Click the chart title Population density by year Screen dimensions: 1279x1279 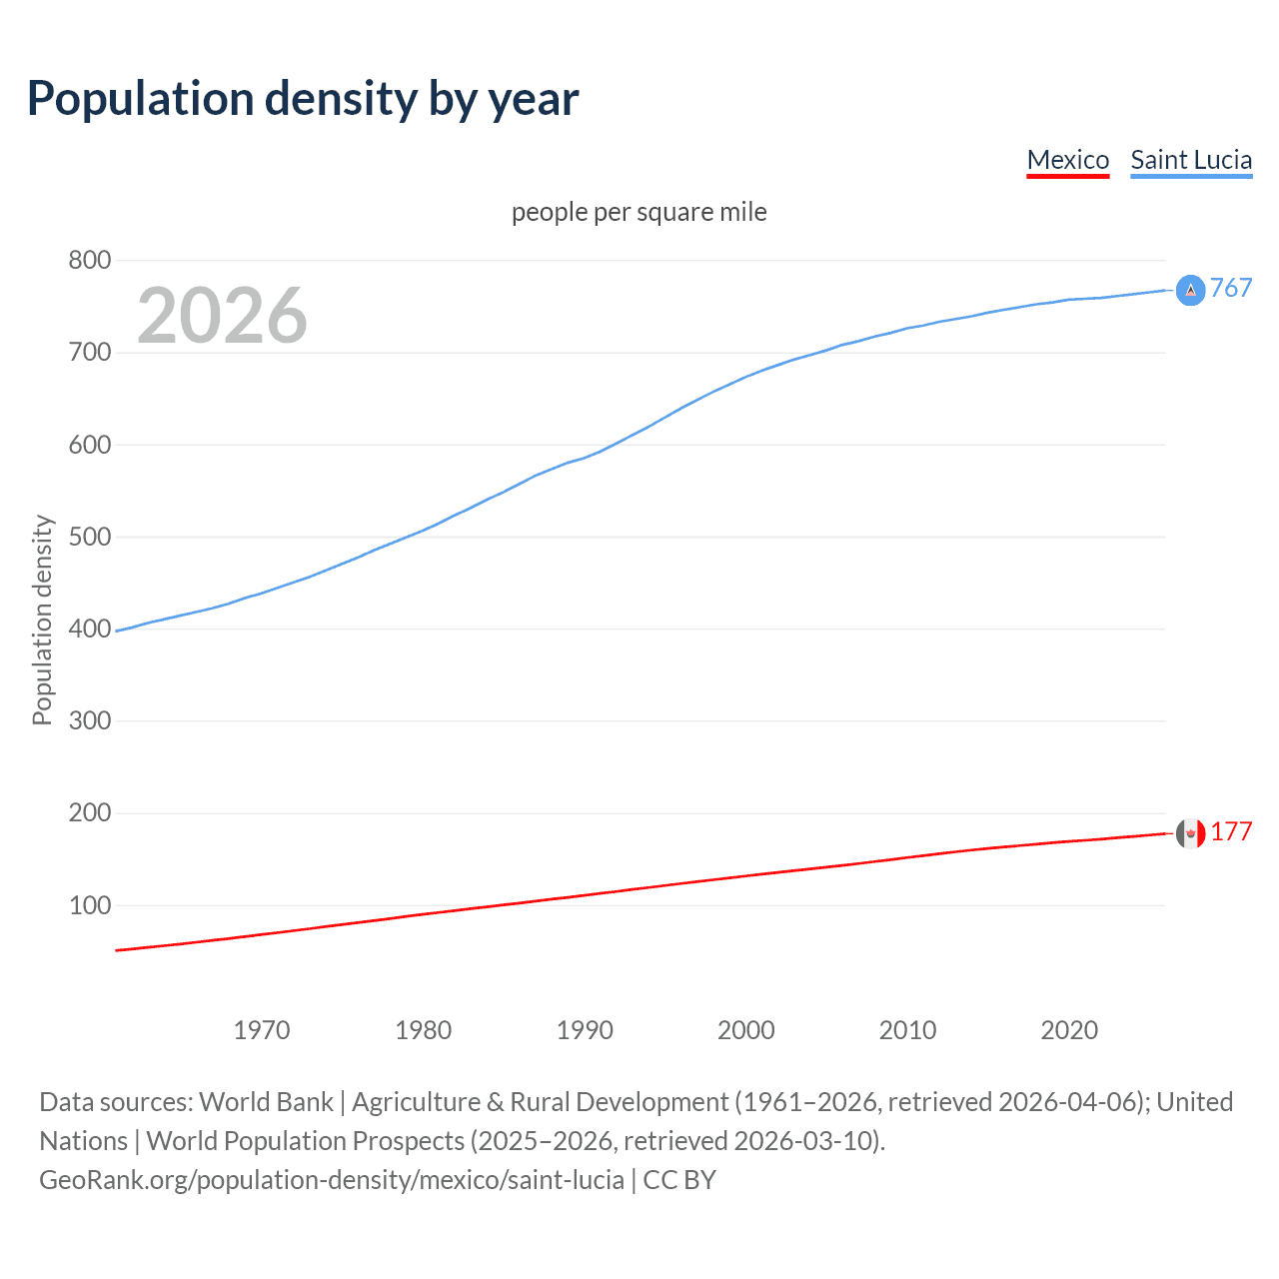tap(303, 99)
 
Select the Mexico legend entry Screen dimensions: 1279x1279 tap(1067, 160)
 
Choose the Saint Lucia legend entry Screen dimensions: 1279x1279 tap(1190, 160)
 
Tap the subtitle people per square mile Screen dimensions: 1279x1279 tap(639, 212)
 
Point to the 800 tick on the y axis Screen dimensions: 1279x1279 tap(89, 261)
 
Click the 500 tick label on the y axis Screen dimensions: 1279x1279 tap(89, 537)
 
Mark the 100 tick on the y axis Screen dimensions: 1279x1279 tap(89, 905)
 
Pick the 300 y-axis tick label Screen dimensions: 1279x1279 tap(89, 720)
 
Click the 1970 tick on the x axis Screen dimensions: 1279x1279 tap(262, 1030)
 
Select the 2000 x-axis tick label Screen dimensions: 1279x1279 tap(745, 1030)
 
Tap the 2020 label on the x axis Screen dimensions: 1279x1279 tap(1069, 1030)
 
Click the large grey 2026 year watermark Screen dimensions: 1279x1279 tap(222, 316)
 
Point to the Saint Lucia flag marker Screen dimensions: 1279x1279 tap(1190, 290)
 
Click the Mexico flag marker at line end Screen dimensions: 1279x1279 tap(1190, 833)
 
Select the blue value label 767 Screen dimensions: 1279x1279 tap(1231, 289)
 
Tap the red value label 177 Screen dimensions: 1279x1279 tap(1231, 832)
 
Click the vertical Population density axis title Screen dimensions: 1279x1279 tap(42, 620)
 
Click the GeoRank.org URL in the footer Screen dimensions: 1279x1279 tap(332, 1180)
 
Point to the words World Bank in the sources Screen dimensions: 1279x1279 tap(266, 1102)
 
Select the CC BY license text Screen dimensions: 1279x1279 tap(679, 1180)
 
